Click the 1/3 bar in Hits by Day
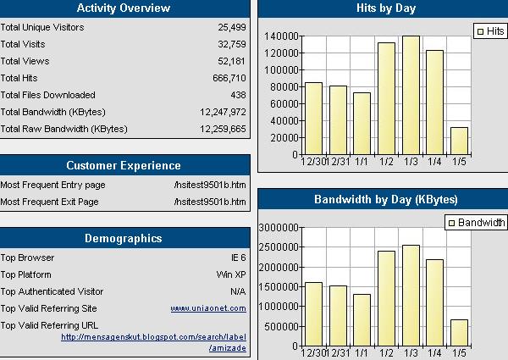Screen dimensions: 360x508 (411, 94)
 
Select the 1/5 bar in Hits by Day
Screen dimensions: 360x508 (459, 140)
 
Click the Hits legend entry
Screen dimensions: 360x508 (490, 30)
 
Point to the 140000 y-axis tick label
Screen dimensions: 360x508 (280, 36)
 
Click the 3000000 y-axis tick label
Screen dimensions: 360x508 (277, 228)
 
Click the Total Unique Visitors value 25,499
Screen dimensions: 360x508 (231, 27)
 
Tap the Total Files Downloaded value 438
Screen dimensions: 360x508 (237, 95)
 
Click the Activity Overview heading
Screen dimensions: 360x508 (124, 8)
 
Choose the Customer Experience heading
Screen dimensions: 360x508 (124, 165)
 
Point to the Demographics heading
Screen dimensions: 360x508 (124, 238)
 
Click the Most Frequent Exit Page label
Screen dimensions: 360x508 (49, 202)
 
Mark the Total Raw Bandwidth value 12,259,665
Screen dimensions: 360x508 (223, 129)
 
